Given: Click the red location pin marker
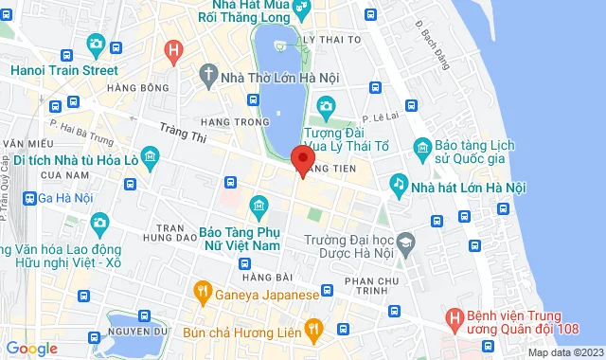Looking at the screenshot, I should click(x=302, y=159).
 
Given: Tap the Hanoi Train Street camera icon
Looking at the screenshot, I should click(x=96, y=44).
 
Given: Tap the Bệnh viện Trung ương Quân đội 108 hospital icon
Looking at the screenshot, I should click(x=454, y=315).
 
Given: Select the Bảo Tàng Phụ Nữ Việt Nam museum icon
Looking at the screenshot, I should click(x=258, y=206).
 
